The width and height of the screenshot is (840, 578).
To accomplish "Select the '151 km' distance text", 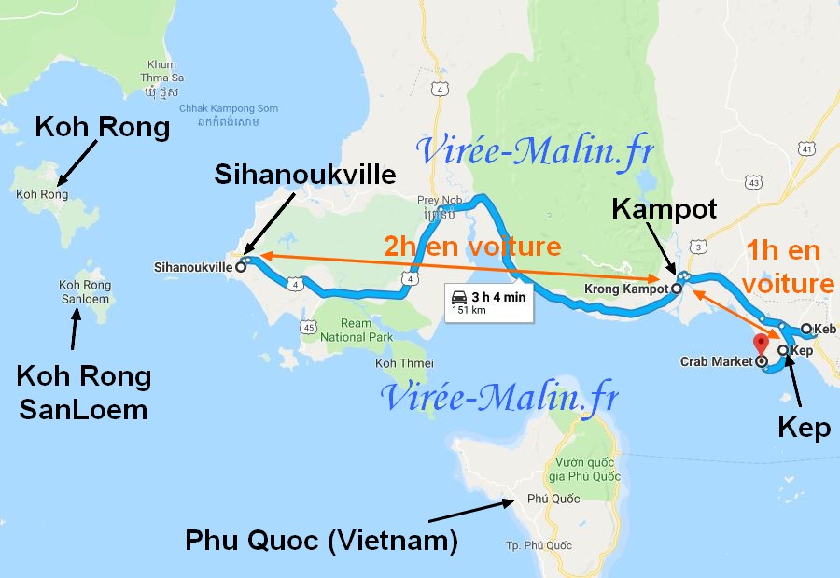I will point(469,311).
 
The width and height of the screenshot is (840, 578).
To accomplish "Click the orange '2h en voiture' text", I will point(472,247).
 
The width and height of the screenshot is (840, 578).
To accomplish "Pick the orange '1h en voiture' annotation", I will point(789,267).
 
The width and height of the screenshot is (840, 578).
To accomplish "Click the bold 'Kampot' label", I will point(664,208).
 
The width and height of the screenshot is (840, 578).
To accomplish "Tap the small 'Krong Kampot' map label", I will point(625,289).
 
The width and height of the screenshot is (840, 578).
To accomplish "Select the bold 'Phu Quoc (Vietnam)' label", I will point(322,540).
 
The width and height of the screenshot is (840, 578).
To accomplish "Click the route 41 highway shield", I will point(805,148).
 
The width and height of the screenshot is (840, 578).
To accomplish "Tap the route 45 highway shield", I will point(309,327).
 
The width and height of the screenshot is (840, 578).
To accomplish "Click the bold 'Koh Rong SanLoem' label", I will point(84,392).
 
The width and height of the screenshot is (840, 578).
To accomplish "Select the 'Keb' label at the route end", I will point(824,329).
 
